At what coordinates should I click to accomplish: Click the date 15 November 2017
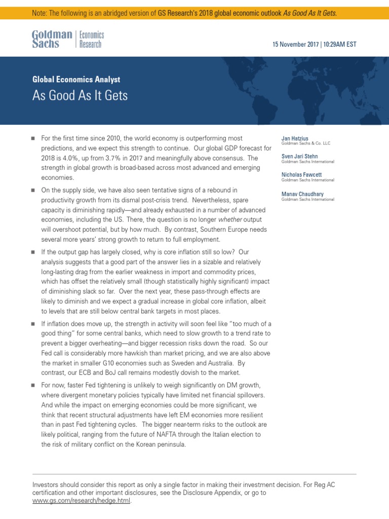296,45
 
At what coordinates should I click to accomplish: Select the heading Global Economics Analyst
76,79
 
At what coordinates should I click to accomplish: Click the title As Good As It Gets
80,95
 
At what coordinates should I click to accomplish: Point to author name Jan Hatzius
295,138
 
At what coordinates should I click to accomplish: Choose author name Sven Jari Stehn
300,157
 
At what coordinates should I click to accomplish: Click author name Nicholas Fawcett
302,175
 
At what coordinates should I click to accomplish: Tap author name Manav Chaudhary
302,194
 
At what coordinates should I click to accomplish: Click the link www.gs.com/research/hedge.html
81,501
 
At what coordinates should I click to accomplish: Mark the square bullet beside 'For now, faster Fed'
33,386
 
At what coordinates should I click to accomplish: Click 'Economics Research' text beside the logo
91,40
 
